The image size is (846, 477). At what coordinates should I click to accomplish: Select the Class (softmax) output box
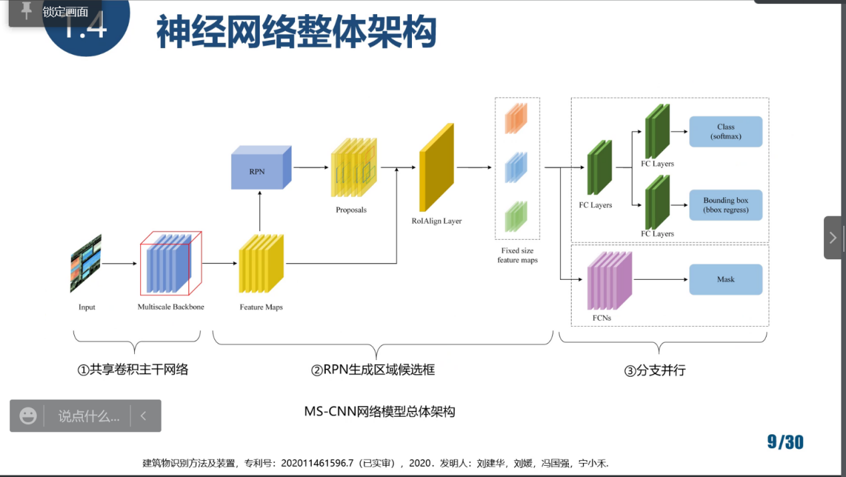[725, 132]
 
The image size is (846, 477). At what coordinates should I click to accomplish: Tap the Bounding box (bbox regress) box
[725, 205]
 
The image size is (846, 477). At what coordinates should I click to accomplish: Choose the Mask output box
[725, 279]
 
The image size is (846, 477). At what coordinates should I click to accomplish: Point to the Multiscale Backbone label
[171, 307]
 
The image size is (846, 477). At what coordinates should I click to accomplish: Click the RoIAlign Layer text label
[437, 221]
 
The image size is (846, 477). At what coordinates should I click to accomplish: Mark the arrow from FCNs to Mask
[660, 279]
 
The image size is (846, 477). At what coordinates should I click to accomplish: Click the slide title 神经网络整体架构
[296, 32]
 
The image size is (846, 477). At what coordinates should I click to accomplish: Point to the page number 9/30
[785, 442]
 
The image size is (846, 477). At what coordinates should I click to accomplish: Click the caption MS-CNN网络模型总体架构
[379, 412]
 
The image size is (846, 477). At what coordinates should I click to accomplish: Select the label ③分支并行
[655, 370]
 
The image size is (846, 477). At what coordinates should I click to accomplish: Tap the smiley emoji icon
[28, 416]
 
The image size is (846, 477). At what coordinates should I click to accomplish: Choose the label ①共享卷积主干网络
[133, 369]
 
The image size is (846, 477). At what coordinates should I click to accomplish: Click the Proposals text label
[351, 210]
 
